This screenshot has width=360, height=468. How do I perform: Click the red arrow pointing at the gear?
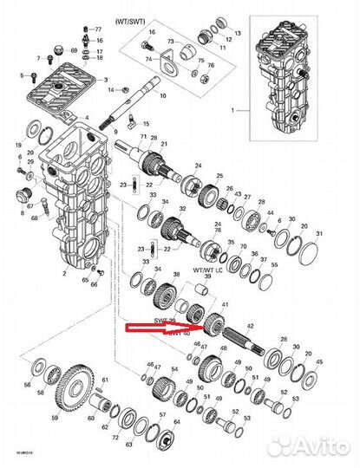coord(165,328)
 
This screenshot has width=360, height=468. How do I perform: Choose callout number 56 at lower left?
coord(26,385)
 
